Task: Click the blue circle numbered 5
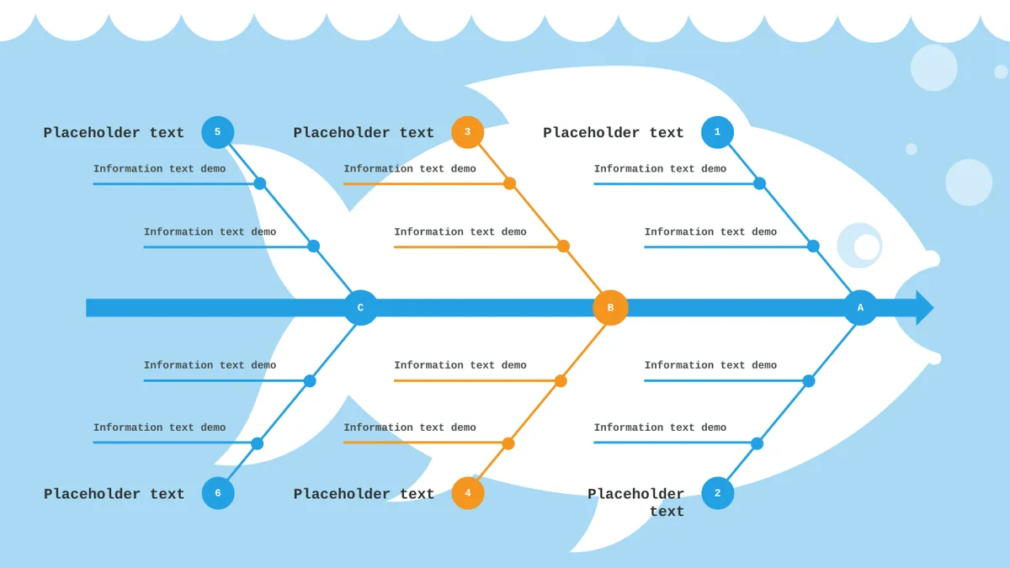pyautogui.click(x=218, y=132)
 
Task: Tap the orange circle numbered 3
pyautogui.click(x=468, y=132)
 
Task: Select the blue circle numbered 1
pyautogui.click(x=717, y=132)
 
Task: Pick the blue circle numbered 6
pyautogui.click(x=218, y=493)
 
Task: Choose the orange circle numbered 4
pyautogui.click(x=468, y=493)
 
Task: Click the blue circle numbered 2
pyautogui.click(x=717, y=493)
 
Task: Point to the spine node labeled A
pyautogui.click(x=860, y=307)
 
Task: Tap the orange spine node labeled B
pyautogui.click(x=610, y=307)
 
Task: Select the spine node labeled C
pyautogui.click(x=360, y=307)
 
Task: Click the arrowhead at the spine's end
pyautogui.click(x=923, y=308)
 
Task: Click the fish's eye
pyautogui.click(x=860, y=245)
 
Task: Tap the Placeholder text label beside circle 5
pyautogui.click(x=114, y=133)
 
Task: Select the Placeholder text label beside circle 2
pyautogui.click(x=635, y=502)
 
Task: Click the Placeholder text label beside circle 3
pyautogui.click(x=364, y=133)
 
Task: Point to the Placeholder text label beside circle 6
pyautogui.click(x=114, y=494)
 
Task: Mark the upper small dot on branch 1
pyautogui.click(x=759, y=183)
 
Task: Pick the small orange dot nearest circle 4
pyautogui.click(x=508, y=443)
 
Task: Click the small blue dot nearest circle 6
pyautogui.click(x=257, y=443)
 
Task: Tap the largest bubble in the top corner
pyautogui.click(x=933, y=67)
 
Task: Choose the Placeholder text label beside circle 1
pyautogui.click(x=614, y=133)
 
